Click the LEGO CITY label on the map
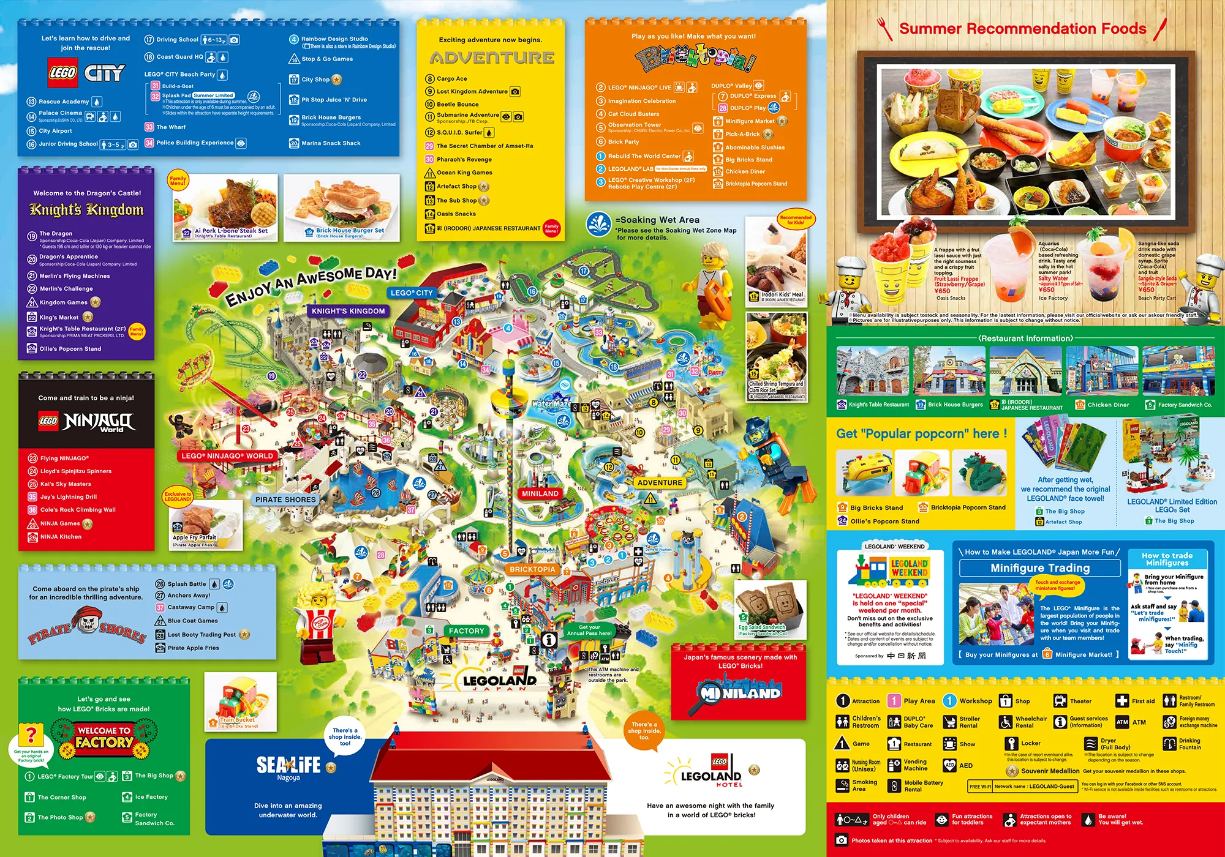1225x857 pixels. pos(412,293)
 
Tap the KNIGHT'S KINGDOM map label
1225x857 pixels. pos(348,311)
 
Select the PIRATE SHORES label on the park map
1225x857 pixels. pos(285,500)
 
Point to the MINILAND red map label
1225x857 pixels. pos(540,493)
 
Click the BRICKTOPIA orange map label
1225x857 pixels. pos(532,569)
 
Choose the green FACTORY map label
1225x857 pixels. pos(466,631)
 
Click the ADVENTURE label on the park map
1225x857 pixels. pos(660,482)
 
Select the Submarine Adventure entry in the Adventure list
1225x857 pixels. pos(467,115)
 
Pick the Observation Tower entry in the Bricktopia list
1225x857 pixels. pos(635,125)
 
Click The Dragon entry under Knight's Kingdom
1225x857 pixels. pos(56,233)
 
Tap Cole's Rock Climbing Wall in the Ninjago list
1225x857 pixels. pos(78,509)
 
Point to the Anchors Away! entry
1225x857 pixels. pos(189,595)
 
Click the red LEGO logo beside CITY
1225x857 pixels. pos(62,73)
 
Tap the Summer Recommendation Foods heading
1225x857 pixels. pos(1022,29)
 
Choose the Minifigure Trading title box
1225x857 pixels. pos(1040,568)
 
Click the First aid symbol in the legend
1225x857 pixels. pos(1121,701)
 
